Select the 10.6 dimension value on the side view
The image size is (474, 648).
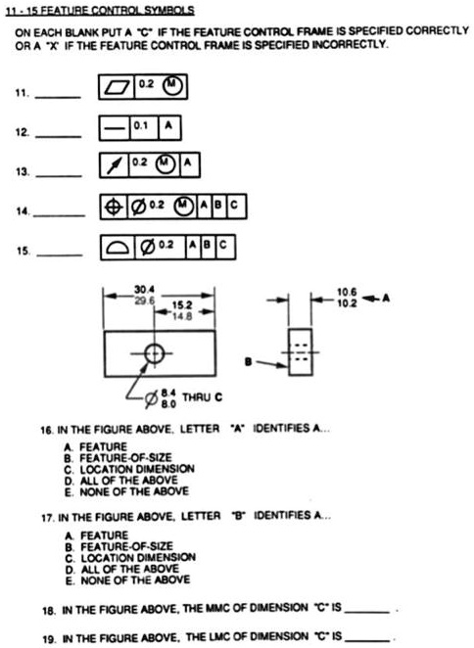click(x=347, y=291)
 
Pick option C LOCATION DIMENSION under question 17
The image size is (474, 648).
click(x=120, y=557)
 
